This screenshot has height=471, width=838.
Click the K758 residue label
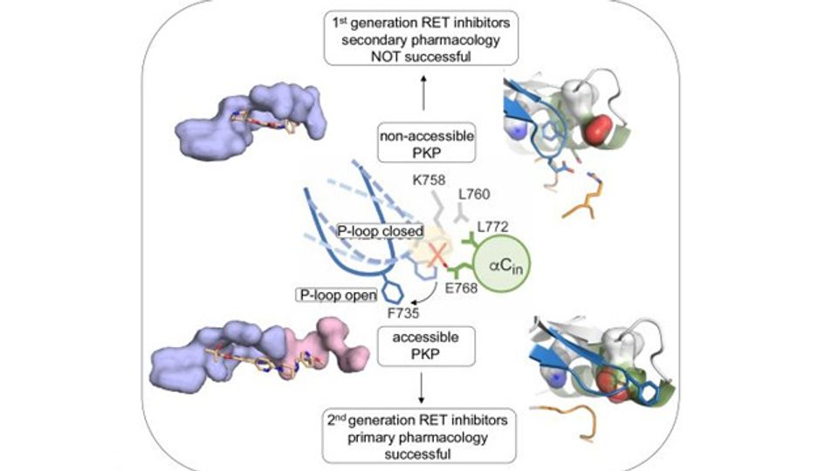click(429, 181)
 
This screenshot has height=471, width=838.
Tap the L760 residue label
click(474, 195)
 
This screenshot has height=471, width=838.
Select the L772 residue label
click(492, 227)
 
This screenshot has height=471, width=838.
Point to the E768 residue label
click(461, 289)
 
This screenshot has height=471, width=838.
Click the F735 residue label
click(403, 313)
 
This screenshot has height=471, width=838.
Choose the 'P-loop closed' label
click(380, 231)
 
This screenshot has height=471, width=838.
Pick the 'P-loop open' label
click(337, 295)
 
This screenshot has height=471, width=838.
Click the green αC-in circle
click(503, 264)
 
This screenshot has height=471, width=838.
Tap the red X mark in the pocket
click(437, 256)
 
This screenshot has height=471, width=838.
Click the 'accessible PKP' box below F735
click(426, 346)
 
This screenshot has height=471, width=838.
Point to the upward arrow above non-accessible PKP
click(424, 93)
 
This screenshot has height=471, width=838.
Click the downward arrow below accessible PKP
click(422, 388)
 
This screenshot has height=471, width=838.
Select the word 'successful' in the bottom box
click(418, 454)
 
